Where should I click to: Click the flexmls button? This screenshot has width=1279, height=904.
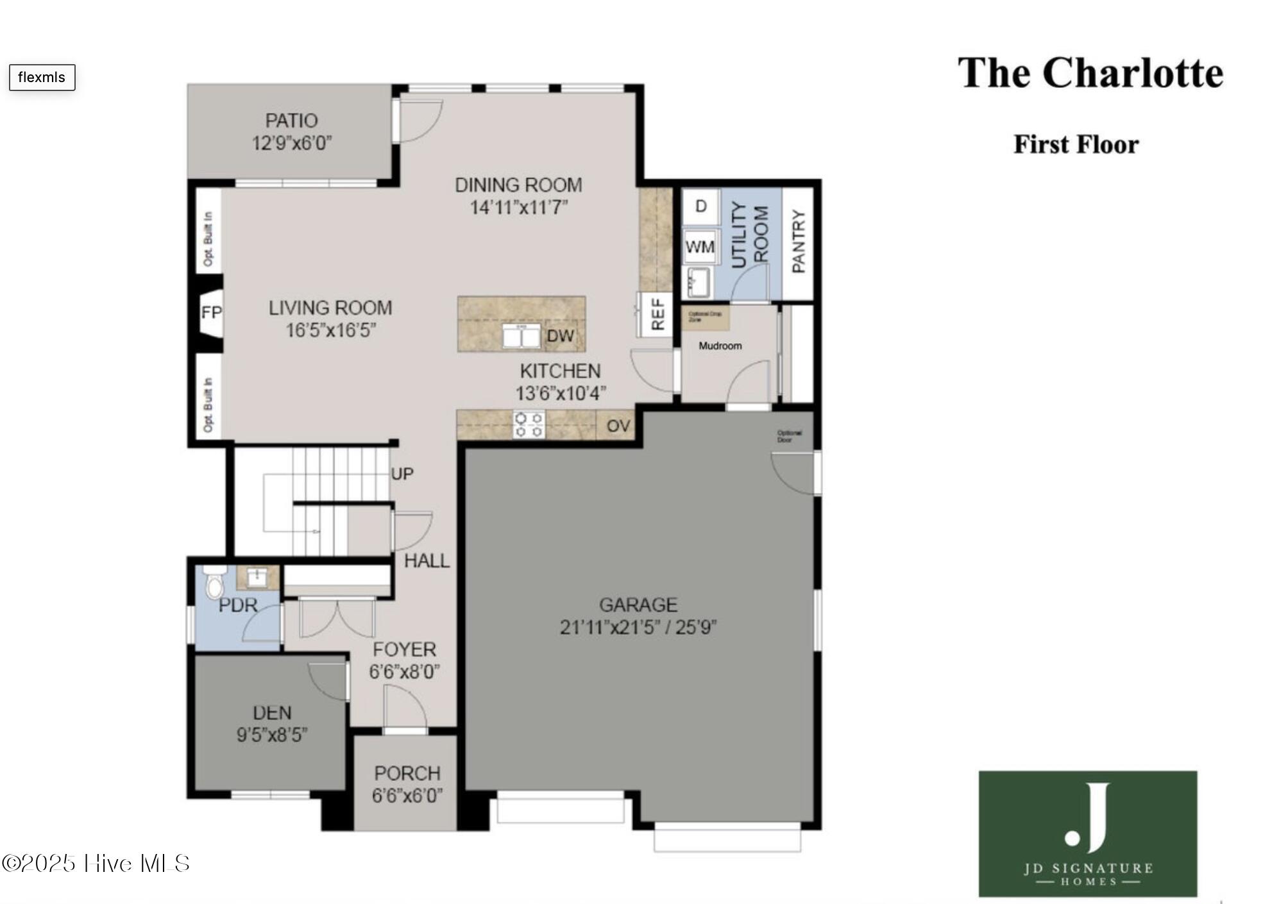(42, 77)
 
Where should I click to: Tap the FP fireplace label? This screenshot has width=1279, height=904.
(211, 312)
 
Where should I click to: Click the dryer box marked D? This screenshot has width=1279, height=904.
(700, 206)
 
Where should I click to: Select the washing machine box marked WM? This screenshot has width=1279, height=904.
(700, 246)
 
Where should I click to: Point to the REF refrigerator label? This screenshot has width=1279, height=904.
(657, 314)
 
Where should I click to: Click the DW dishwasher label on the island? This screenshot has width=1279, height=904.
(560, 336)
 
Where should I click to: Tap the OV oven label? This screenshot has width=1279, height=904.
(618, 426)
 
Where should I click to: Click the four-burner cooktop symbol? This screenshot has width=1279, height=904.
(529, 425)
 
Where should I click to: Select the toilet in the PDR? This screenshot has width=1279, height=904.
(214, 584)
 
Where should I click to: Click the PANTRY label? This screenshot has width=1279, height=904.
(798, 241)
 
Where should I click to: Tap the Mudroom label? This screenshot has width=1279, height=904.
(720, 346)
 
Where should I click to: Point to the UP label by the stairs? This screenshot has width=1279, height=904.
(402, 474)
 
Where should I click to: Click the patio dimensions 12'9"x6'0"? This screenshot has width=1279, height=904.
(291, 142)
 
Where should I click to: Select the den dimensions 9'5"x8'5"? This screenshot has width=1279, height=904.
(272, 734)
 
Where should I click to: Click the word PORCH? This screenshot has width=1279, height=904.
(407, 773)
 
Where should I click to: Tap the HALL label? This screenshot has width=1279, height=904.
(427, 561)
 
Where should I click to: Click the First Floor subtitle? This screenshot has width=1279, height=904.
(1076, 144)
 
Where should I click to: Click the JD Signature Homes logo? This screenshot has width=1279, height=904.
(1087, 833)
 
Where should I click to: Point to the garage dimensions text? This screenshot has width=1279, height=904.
(638, 626)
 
